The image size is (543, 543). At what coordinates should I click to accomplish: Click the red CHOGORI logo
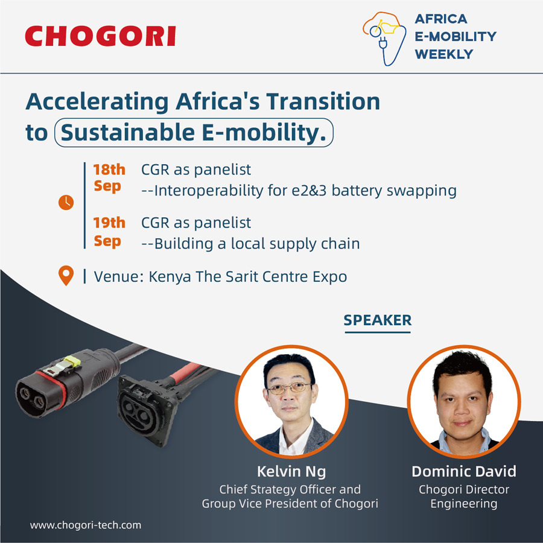click(x=100, y=36)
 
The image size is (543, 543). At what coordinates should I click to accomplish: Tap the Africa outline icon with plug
click(x=384, y=39)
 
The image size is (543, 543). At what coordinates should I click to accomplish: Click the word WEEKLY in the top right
click(x=443, y=54)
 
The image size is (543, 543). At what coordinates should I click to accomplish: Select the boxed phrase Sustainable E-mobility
click(x=194, y=133)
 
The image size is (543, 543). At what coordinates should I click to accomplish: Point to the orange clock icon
click(x=66, y=202)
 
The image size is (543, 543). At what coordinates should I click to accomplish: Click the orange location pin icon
click(x=66, y=276)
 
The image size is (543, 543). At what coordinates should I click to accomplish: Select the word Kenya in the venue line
click(x=170, y=277)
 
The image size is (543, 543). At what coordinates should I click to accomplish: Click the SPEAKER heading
click(x=378, y=320)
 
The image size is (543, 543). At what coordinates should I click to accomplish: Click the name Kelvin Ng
click(x=291, y=471)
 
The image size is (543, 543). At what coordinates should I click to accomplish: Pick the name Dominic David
click(x=464, y=471)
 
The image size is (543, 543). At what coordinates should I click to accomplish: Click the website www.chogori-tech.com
click(x=86, y=525)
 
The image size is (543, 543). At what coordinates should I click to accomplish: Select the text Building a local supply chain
click(x=257, y=244)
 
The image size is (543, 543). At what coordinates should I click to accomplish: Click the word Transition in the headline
click(x=323, y=101)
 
